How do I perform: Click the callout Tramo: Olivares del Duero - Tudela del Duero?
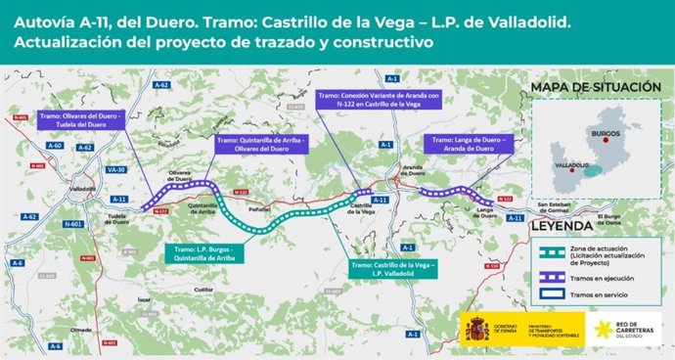(81, 120)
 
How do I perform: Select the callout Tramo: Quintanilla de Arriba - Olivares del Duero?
(258, 144)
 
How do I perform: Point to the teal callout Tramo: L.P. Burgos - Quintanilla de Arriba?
(209, 252)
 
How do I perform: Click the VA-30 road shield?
(116, 169)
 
